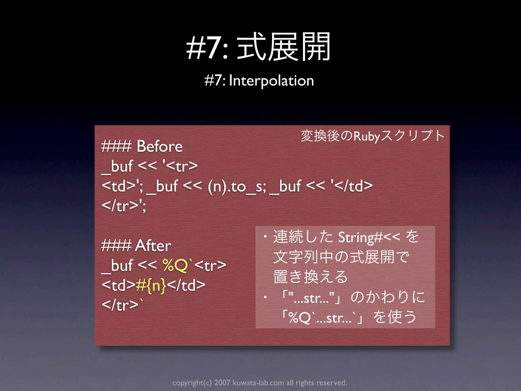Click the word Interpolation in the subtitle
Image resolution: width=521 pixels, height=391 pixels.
coord(271,81)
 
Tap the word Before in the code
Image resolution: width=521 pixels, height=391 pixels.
coord(160,146)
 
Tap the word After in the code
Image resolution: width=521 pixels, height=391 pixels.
coord(153,246)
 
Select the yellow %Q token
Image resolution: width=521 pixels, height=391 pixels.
coord(175,266)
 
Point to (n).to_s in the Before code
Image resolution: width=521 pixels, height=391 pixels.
coord(237,187)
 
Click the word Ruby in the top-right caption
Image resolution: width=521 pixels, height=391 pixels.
coord(367,136)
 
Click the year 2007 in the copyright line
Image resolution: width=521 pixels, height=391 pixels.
coord(222,383)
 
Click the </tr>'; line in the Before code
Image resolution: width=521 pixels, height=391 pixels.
coord(124,206)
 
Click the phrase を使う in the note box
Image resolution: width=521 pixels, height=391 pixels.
coord(395,317)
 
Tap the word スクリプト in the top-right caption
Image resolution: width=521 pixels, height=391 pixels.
coord(413,136)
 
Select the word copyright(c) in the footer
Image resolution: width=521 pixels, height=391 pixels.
coord(192,383)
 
